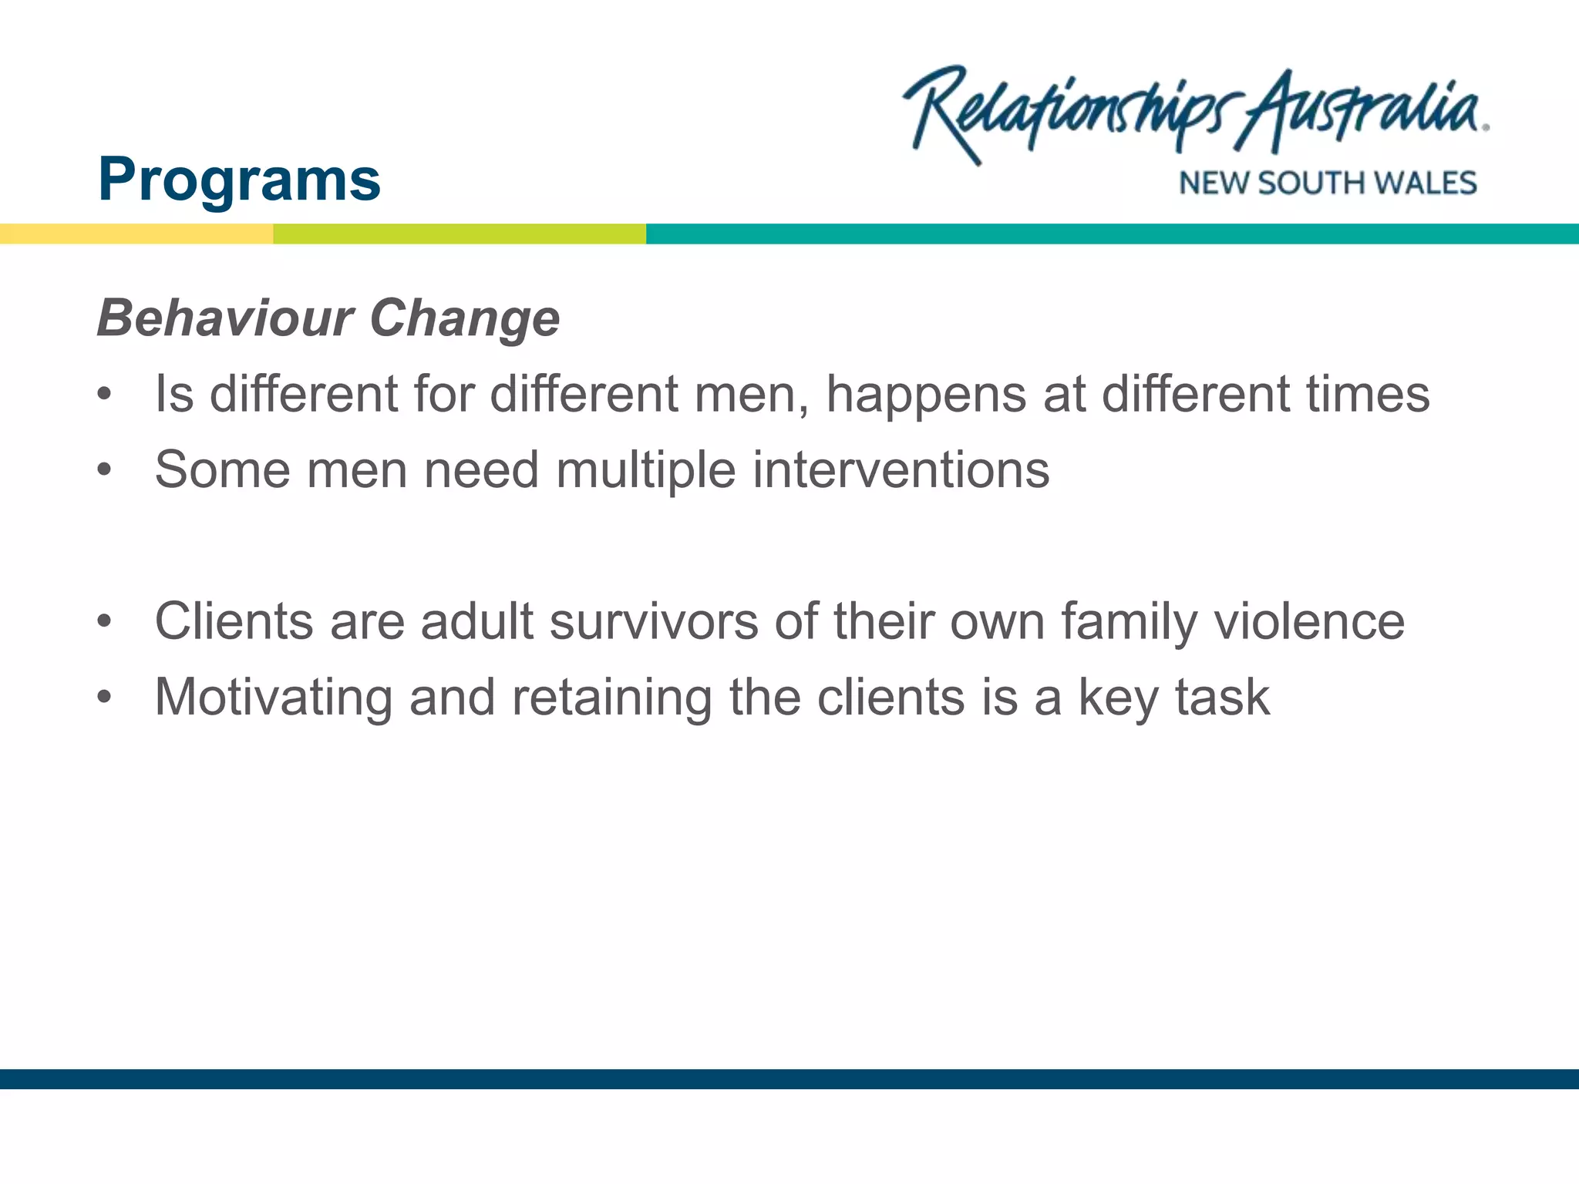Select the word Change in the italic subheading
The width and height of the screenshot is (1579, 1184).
pos(464,318)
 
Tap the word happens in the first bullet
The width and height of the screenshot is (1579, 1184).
pos(926,395)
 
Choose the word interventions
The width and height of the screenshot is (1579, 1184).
pos(901,470)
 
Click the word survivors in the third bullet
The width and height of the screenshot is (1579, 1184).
pos(653,621)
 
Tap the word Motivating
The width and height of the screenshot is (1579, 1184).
pos(273,698)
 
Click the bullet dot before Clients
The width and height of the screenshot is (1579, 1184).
pos(105,621)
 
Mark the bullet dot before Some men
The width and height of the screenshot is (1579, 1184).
pos(105,470)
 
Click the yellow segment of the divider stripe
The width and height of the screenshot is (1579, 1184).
pos(136,234)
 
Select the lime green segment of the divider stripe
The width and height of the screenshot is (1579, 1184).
pos(460,234)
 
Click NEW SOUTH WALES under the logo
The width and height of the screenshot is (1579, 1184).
pos(1328,183)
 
